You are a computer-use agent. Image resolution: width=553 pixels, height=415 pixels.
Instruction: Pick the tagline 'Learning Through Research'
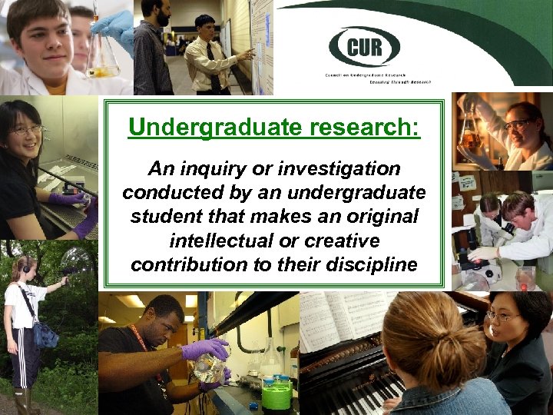pos(402,80)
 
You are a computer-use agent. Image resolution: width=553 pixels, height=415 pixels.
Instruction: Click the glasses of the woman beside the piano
pos(504,316)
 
